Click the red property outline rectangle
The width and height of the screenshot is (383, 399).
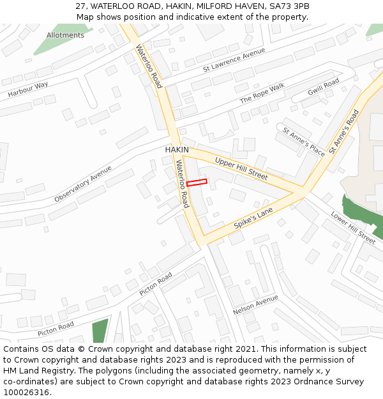tap(197, 183)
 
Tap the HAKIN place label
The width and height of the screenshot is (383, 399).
tap(177, 149)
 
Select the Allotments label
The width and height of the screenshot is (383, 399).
tap(65, 35)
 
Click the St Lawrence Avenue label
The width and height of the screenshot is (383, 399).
tap(234, 60)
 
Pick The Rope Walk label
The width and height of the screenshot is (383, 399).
tap(262, 94)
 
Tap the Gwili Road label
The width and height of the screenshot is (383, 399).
tap(324, 87)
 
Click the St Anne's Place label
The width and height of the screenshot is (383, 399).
tap(304, 142)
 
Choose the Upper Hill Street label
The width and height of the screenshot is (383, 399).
tap(241, 167)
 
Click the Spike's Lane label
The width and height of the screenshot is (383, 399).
tap(253, 218)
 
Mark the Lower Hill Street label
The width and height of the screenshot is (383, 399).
tap(353, 227)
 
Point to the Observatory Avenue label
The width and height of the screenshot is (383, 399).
tap(83, 184)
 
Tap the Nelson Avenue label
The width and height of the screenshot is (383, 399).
tap(255, 305)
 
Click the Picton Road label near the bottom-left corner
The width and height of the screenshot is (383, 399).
tap(56, 329)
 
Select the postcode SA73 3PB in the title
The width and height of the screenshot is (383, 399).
tap(287, 6)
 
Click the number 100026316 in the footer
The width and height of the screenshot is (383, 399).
tap(26, 392)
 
